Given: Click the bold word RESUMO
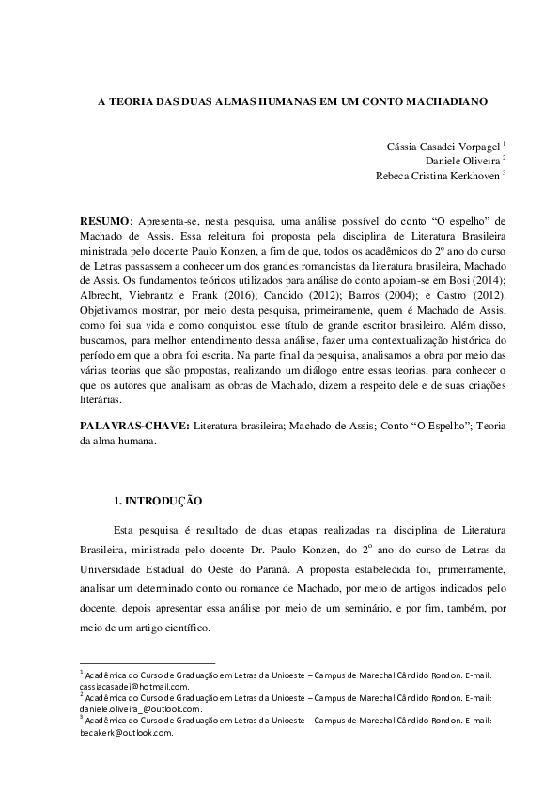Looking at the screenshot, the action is coord(102,219).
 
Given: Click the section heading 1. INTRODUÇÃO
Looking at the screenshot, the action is coord(158,503).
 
